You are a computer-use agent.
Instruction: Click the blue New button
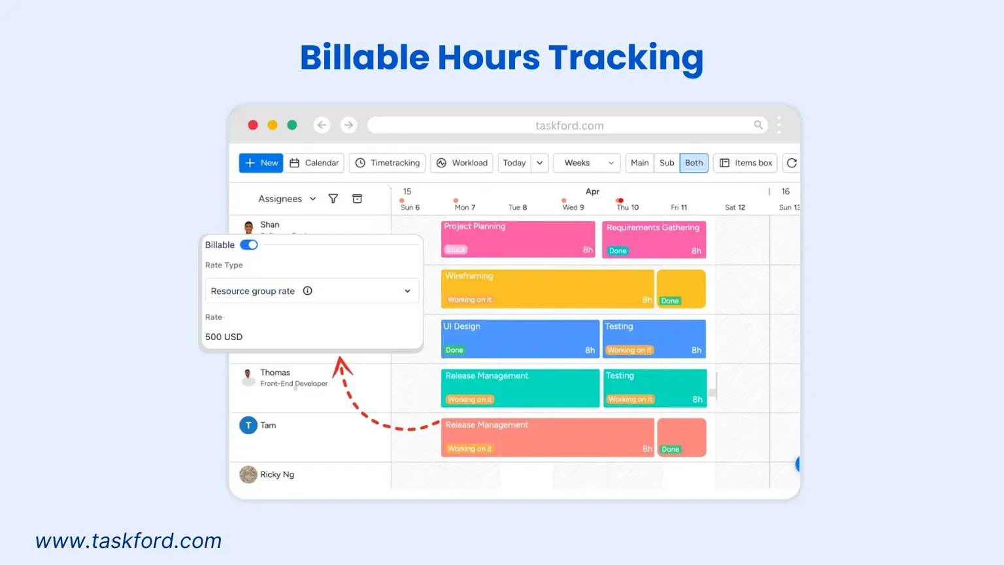(x=261, y=163)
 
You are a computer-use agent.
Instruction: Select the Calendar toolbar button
(x=314, y=163)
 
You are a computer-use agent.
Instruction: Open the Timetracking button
(x=388, y=163)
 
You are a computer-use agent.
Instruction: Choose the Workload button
(x=462, y=163)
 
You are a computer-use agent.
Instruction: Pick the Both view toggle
(x=694, y=163)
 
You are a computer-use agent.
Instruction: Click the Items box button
(x=745, y=163)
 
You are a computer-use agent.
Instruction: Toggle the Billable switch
(x=249, y=245)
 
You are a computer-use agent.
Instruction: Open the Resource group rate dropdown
(x=312, y=291)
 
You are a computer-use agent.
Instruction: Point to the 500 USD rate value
(x=224, y=337)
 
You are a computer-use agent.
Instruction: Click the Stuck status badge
(x=456, y=250)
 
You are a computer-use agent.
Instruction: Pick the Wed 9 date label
(x=573, y=207)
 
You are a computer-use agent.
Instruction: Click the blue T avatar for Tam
(x=248, y=425)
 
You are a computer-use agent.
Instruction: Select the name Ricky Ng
(x=277, y=475)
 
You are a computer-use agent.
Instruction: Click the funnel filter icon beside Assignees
(x=333, y=199)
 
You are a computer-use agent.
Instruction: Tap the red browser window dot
(x=253, y=125)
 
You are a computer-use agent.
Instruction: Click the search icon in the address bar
(x=758, y=125)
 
